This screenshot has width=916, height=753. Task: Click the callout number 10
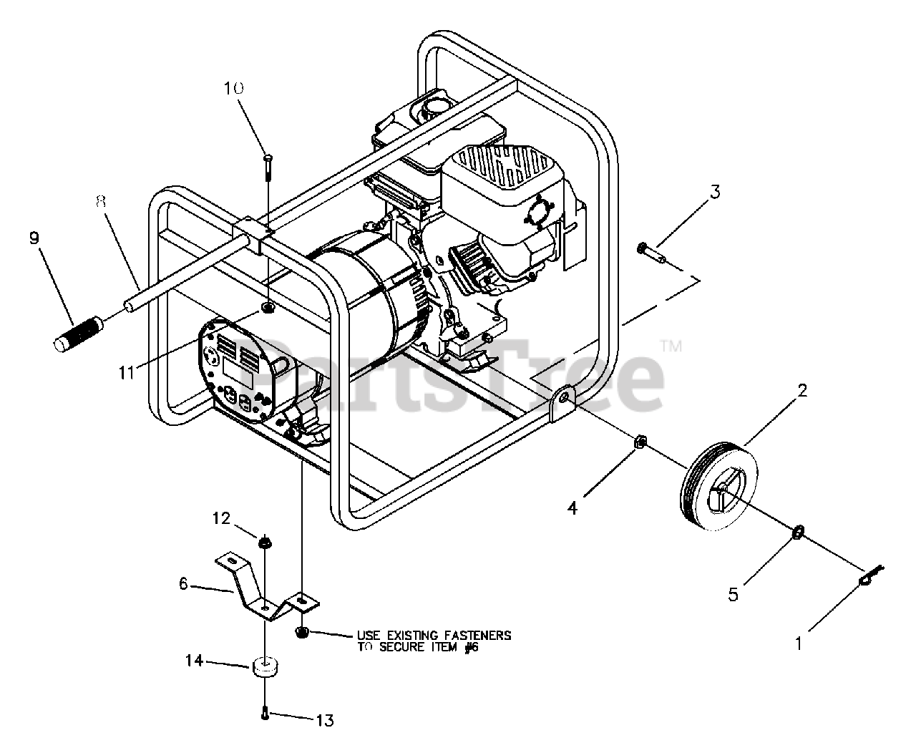tap(233, 88)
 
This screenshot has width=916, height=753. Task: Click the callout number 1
tap(799, 644)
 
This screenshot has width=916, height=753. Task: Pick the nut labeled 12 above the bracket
tap(264, 542)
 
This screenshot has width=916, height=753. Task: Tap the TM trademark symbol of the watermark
tap(671, 349)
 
